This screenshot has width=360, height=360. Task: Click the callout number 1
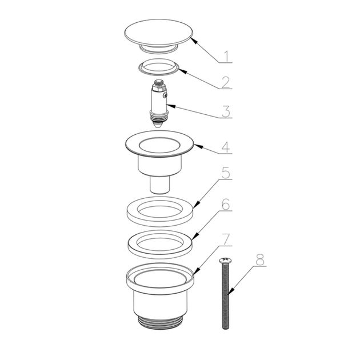(x=227, y=56)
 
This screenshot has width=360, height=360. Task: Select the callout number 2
(x=226, y=82)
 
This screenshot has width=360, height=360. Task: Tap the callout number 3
(x=226, y=111)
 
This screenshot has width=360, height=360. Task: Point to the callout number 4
(x=226, y=147)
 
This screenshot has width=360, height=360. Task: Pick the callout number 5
(x=226, y=173)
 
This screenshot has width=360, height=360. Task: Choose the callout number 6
(x=226, y=205)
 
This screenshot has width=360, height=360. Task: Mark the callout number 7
(x=226, y=239)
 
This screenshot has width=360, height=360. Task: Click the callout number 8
(x=260, y=259)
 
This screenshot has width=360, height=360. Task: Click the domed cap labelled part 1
(x=159, y=32)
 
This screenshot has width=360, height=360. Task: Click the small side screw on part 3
(x=165, y=95)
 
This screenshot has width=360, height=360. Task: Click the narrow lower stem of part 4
(x=160, y=185)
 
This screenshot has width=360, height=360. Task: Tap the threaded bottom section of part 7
(x=160, y=323)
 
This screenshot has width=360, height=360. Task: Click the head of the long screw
(x=225, y=261)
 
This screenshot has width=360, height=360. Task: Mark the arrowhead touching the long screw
(x=231, y=291)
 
